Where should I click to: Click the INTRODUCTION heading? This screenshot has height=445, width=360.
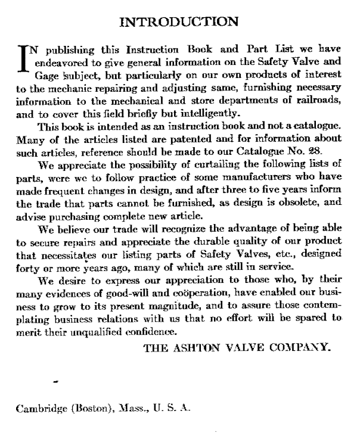(x=179, y=22)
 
